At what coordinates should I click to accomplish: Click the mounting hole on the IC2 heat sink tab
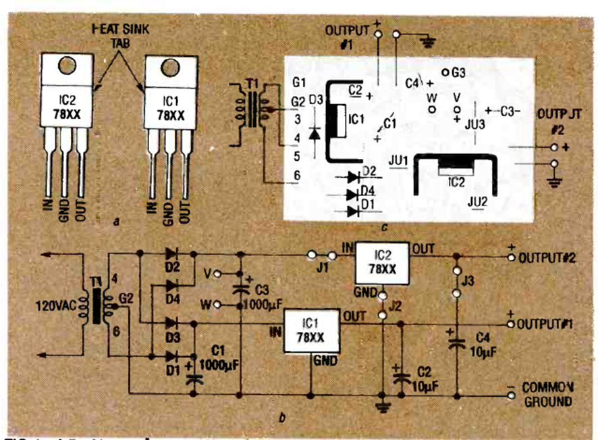click(66, 66)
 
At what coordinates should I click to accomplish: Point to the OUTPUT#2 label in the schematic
click(545, 258)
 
